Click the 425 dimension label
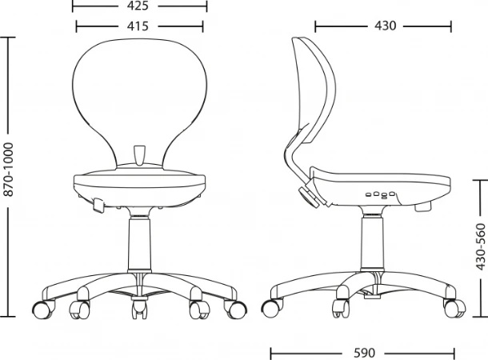138,6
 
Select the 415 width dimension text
138,26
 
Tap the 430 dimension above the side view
386,26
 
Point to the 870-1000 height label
9,170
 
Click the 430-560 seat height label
481,247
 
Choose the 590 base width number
365,353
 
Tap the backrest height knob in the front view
139,155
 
